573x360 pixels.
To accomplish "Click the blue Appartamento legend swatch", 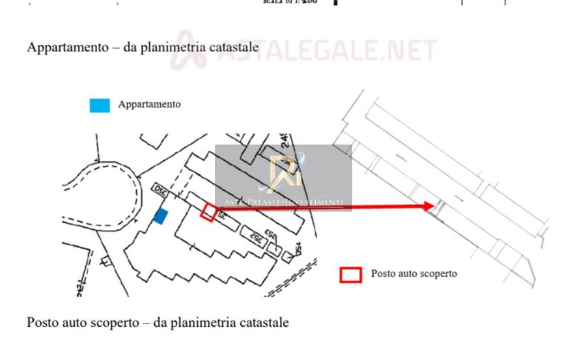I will coord(100,105).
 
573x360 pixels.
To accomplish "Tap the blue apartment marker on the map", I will coord(160,217).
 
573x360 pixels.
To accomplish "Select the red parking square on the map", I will coord(207,213).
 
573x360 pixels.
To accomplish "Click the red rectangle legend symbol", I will coord(350,275).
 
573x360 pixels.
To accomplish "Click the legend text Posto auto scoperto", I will coord(413,274).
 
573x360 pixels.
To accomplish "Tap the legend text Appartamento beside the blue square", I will coord(149,104).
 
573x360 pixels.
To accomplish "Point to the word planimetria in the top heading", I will coord(174,48).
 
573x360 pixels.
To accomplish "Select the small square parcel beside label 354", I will coord(287,256).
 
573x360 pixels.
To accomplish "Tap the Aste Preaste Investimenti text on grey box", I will coord(283,202).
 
